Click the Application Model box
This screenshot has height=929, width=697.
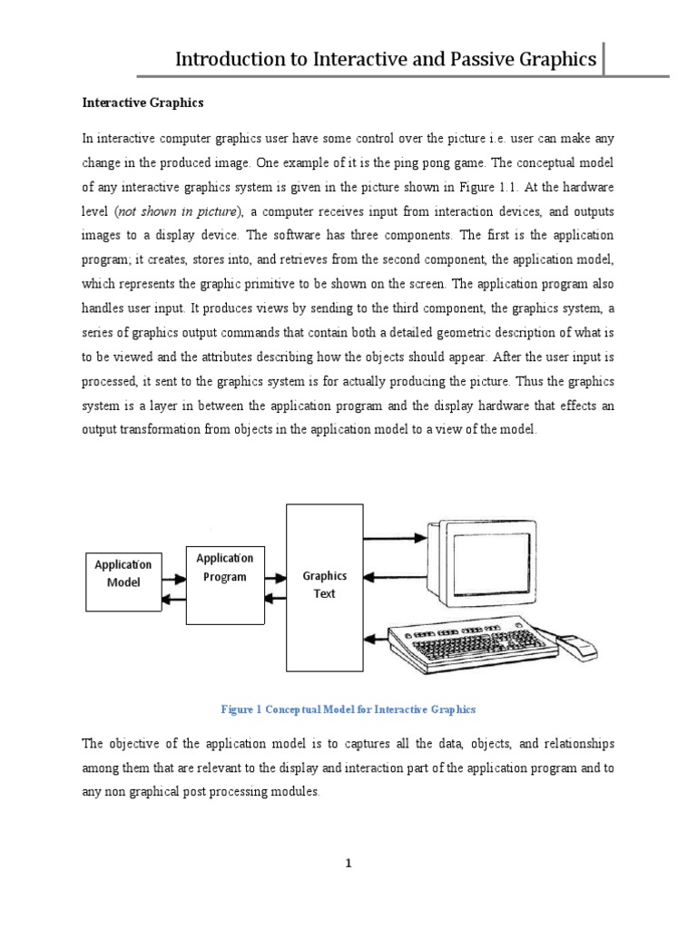point(123,582)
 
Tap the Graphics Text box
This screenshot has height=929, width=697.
point(324,584)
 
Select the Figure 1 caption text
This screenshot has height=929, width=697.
point(348,709)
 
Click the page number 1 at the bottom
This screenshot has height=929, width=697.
point(348,864)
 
